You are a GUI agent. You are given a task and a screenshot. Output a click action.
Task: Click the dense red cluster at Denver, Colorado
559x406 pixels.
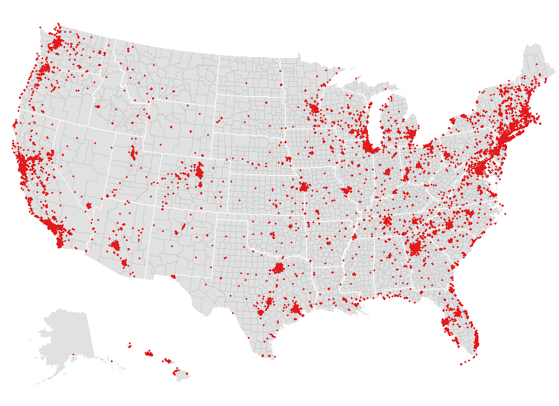point(199,174)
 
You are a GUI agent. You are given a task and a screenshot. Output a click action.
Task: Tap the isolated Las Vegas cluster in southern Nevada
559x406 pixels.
point(89,205)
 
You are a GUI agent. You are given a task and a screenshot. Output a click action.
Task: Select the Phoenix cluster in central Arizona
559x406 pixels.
point(114,246)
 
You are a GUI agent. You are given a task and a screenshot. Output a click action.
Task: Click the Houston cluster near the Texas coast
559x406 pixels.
point(296,308)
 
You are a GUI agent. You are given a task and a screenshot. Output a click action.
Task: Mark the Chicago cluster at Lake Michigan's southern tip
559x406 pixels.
point(369,146)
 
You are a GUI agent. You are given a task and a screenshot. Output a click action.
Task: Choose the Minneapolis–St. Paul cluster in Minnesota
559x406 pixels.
point(313,110)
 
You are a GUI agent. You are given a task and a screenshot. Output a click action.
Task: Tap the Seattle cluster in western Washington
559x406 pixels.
point(56,43)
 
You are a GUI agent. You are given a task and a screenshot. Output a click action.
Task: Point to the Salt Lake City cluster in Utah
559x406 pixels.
point(133,153)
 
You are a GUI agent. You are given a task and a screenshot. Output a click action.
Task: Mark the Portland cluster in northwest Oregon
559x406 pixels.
point(44,70)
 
